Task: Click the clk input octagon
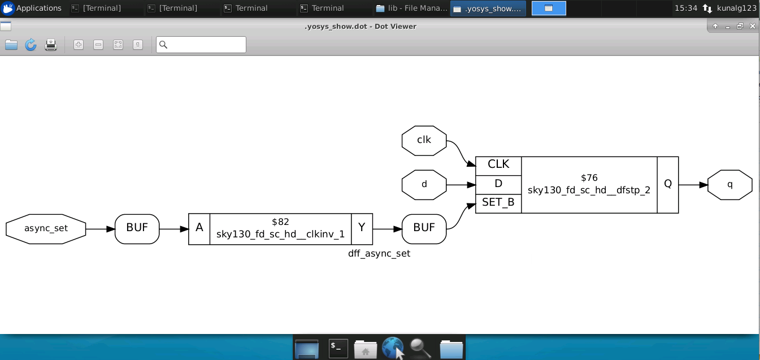424,141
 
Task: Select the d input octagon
424,185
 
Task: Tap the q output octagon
730,185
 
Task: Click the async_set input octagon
46,229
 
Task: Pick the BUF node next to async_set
137,229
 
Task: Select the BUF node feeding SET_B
424,229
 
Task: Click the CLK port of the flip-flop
498,166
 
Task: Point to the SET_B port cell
498,203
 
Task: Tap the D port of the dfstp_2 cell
498,185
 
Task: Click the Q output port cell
668,185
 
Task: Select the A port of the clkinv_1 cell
199,229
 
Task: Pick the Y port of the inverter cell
362,229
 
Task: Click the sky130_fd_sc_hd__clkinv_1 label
280,234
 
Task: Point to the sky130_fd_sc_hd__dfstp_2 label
589,190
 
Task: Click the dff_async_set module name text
379,253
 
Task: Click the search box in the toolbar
201,45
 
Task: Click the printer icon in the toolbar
50,45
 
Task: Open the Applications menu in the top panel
32,8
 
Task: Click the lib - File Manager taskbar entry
411,8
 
